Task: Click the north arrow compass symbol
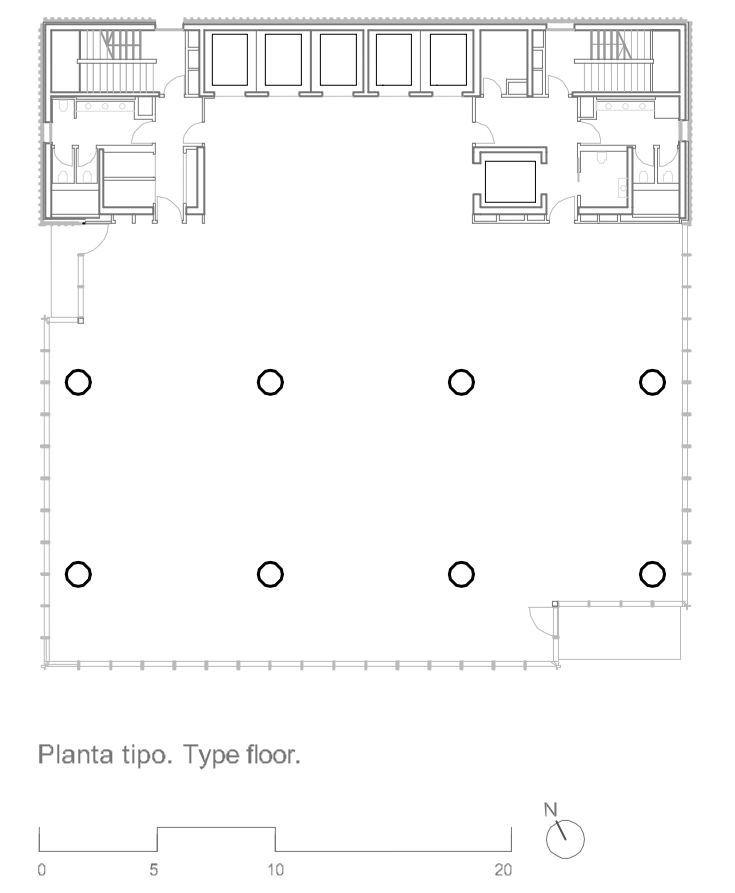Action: click(x=565, y=839)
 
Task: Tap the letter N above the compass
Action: click(x=551, y=809)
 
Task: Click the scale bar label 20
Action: click(x=503, y=870)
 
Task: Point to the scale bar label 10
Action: click(x=275, y=870)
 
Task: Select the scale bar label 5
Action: click(x=154, y=870)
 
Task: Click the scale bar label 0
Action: click(x=42, y=870)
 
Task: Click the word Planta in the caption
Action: click(x=76, y=755)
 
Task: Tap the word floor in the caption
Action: click(x=273, y=755)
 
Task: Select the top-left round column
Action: click(x=78, y=382)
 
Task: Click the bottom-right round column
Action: click(x=652, y=574)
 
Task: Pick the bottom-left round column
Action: click(x=78, y=574)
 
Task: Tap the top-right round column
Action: click(x=652, y=382)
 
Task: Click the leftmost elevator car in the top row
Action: click(x=229, y=60)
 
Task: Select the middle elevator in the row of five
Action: click(x=338, y=60)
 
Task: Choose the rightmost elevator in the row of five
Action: click(x=449, y=60)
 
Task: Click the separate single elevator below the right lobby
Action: click(x=510, y=182)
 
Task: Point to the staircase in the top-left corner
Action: click(x=117, y=60)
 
